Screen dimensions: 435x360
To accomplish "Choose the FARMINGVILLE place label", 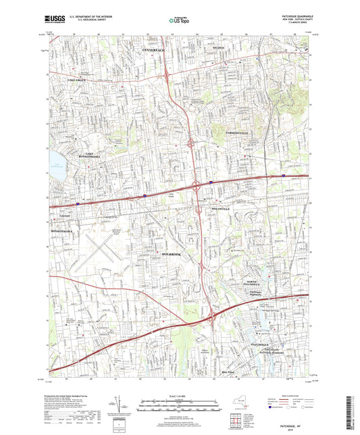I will [x=233, y=133].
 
